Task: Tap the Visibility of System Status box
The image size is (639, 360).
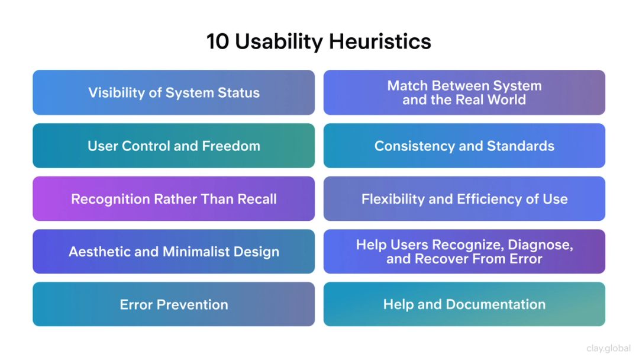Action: [173, 92]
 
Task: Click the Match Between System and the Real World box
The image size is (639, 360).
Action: [464, 92]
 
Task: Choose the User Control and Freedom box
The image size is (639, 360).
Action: [173, 146]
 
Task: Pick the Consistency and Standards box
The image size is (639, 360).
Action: [464, 146]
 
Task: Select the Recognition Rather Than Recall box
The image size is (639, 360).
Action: [173, 199]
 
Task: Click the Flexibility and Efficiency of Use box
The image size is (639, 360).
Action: [464, 199]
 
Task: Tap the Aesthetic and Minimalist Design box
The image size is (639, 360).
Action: [173, 252]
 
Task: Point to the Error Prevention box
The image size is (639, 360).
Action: [173, 304]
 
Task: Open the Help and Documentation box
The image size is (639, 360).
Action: [464, 304]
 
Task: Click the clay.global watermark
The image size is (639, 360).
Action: [608, 349]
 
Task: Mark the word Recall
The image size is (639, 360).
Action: [257, 199]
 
